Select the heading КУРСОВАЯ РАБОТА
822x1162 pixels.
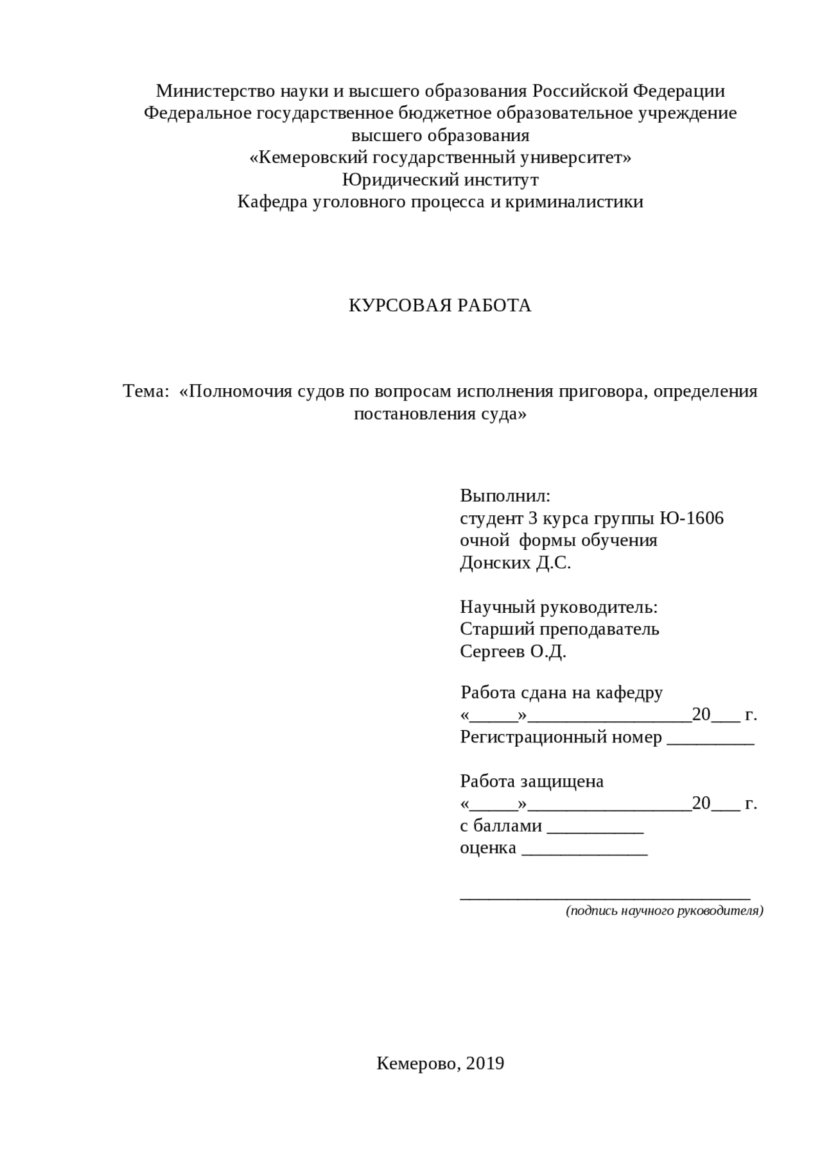pos(440,306)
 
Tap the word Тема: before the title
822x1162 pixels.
pos(146,391)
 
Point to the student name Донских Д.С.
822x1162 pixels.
pos(515,563)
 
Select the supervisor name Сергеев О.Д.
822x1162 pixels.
pos(512,652)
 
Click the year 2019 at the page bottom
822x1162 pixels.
pos(485,1064)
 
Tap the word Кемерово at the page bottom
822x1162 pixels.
pos(418,1064)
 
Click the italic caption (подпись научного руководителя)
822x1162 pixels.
pos(664,910)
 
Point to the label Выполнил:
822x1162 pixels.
pos(505,496)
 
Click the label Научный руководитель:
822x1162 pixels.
pos(559,607)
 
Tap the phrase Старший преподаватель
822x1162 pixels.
pos(559,629)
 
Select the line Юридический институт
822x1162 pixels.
pos(440,180)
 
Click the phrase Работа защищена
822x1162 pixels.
pos(532,782)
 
